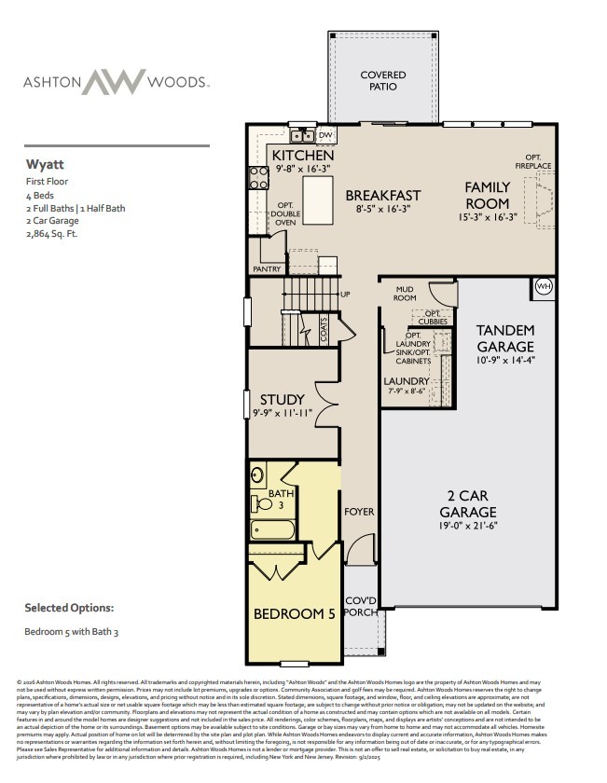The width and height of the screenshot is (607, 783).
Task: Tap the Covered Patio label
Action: (x=383, y=80)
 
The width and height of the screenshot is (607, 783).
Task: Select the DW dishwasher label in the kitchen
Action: (x=324, y=136)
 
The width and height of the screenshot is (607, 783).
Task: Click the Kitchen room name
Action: (x=297, y=155)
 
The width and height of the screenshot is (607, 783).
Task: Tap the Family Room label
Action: (x=488, y=196)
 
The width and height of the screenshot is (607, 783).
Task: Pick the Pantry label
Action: (x=267, y=268)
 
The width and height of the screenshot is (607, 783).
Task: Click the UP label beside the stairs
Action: (x=346, y=295)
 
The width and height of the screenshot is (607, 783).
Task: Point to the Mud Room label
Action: (x=404, y=295)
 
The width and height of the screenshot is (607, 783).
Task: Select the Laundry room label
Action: (x=407, y=381)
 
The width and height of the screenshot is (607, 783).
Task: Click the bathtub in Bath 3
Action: (x=272, y=530)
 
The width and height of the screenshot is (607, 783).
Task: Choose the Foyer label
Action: (x=359, y=512)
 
